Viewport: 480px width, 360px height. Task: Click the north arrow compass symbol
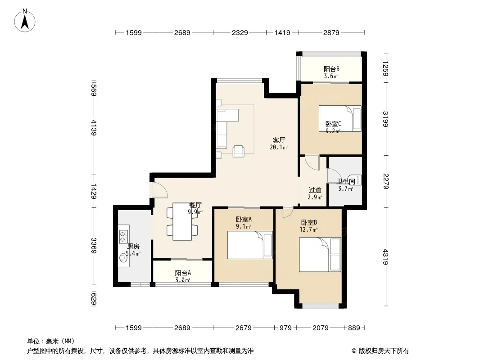coord(25,21)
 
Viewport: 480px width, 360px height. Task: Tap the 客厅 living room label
coord(279,140)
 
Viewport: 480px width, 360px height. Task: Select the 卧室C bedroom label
coord(333,124)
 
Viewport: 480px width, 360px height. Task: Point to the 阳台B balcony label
coord(331,69)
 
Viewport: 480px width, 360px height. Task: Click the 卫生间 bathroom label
coord(346,182)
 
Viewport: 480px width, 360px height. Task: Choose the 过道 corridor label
coord(315,190)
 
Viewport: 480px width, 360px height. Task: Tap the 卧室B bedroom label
coord(309,222)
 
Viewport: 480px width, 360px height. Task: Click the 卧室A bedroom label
coord(244,219)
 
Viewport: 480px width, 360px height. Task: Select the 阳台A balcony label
coord(183,273)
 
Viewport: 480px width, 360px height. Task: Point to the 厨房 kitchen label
coord(133,247)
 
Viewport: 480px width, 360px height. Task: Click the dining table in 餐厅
coord(182,221)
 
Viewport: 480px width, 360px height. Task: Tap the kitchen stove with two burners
coord(124,234)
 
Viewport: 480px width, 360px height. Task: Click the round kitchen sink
coord(123,258)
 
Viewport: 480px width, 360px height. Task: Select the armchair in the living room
coord(239,151)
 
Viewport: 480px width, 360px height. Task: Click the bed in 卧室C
coord(340,119)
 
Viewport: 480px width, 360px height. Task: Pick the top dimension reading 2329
coord(240,32)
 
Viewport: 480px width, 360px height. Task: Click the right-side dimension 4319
coord(385,257)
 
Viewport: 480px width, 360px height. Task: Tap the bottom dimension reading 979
coord(285,328)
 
